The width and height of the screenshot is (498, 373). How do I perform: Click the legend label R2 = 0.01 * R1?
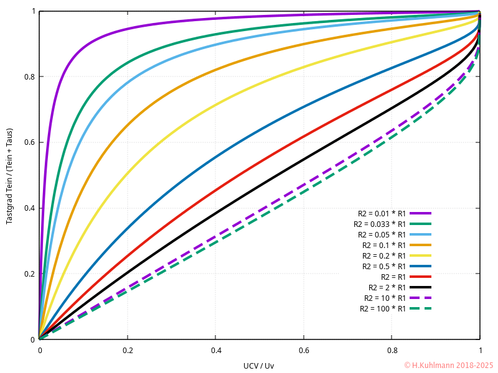click(x=382, y=213)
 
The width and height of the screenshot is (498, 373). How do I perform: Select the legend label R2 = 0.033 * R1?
click(x=380, y=224)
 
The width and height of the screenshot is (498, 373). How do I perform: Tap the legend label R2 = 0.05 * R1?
click(x=382, y=234)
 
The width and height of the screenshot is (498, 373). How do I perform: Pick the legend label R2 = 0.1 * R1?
click(x=384, y=245)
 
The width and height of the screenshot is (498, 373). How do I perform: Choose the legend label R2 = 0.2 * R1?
click(x=384, y=256)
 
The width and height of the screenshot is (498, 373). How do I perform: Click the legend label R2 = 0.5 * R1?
click(x=384, y=266)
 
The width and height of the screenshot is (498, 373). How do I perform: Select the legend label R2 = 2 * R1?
click(x=387, y=287)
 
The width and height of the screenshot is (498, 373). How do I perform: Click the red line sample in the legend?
click(x=421, y=277)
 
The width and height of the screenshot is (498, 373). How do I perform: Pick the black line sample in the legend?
click(x=421, y=287)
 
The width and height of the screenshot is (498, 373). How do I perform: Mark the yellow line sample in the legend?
click(x=421, y=256)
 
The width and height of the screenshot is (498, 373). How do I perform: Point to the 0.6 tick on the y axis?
click(x=40, y=142)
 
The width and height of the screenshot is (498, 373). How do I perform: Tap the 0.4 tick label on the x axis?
click(x=216, y=350)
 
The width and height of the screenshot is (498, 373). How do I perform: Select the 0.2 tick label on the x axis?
click(x=128, y=350)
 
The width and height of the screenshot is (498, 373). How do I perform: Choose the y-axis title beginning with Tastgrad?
click(x=10, y=175)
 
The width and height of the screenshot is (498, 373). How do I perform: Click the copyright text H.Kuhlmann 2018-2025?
click(x=448, y=365)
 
